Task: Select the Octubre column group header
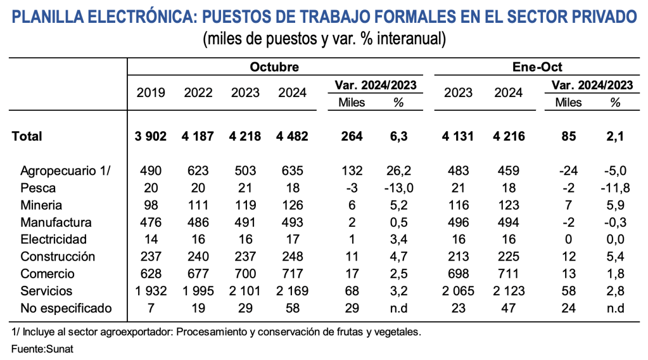click(x=274, y=67)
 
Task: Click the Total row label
click(x=27, y=136)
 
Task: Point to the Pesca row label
click(x=38, y=188)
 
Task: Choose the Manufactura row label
click(x=56, y=222)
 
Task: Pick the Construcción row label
click(x=58, y=257)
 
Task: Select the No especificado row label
click(x=66, y=308)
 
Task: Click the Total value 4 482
click(x=292, y=136)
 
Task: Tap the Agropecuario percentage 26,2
click(x=398, y=171)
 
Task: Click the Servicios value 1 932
click(x=151, y=291)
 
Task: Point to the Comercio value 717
click(x=292, y=274)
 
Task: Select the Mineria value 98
click(x=151, y=205)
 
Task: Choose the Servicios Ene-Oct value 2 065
click(x=458, y=291)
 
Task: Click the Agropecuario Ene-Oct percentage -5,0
click(x=613, y=171)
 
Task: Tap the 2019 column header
click(x=151, y=93)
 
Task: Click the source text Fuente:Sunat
click(x=42, y=349)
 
